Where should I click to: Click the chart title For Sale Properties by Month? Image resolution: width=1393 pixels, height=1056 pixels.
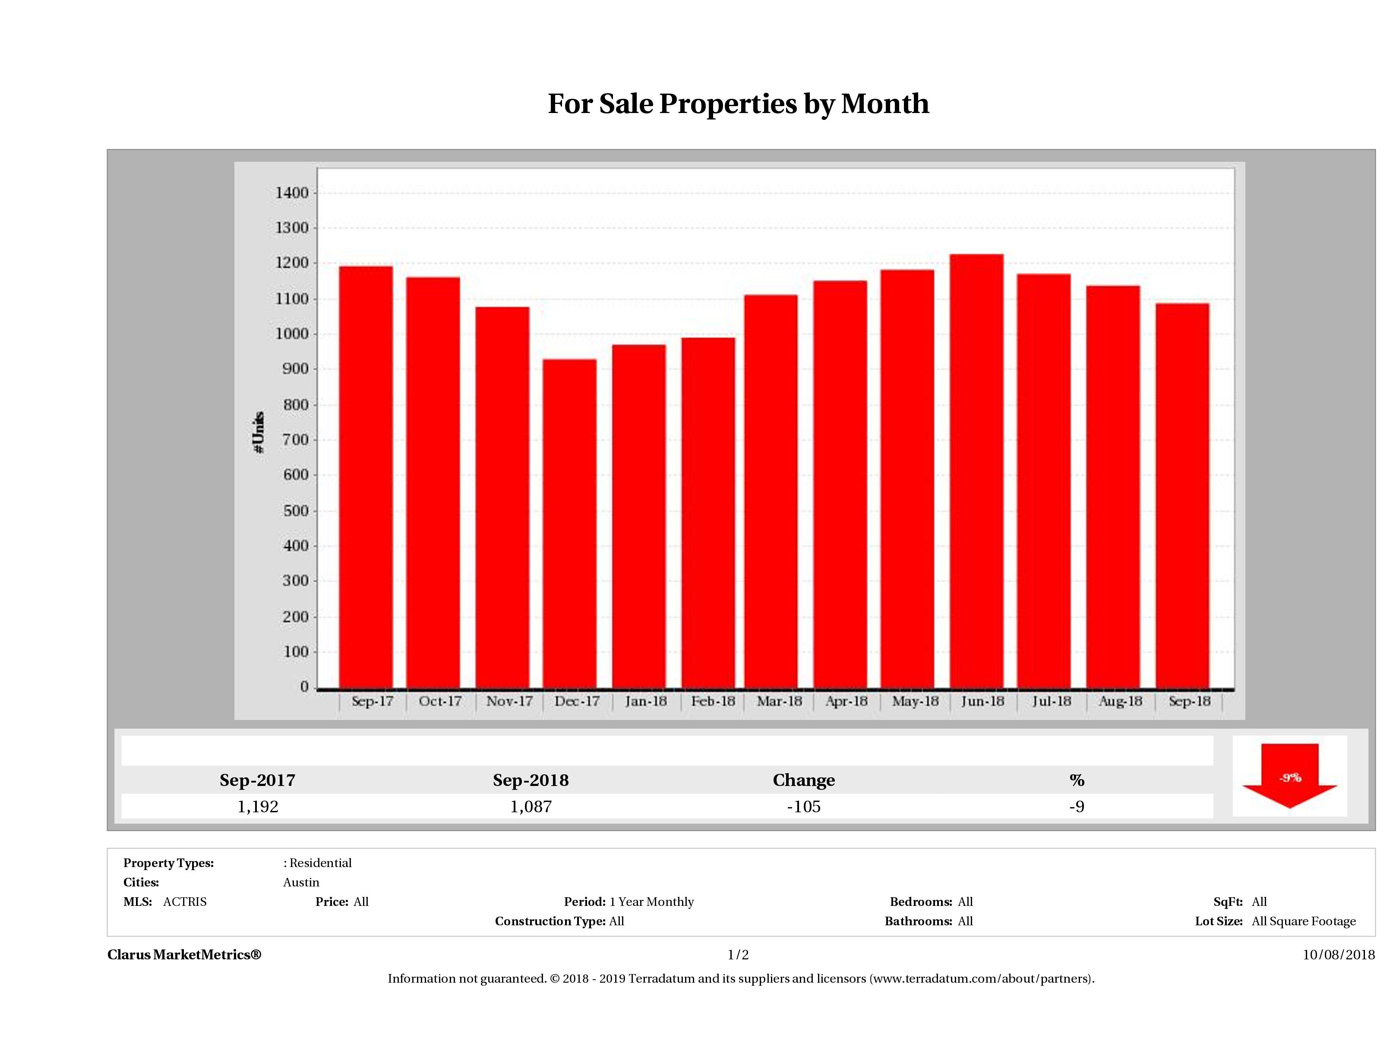pyautogui.click(x=738, y=104)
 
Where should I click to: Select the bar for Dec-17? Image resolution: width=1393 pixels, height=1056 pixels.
pyautogui.click(x=569, y=522)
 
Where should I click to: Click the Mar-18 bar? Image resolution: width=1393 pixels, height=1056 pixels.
pyautogui.click(x=771, y=491)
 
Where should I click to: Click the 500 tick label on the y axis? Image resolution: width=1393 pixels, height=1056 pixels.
pyautogui.click(x=296, y=510)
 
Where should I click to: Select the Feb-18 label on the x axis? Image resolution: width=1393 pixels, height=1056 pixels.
pyautogui.click(x=713, y=701)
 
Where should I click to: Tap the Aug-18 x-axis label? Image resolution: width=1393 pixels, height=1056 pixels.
pyautogui.click(x=1120, y=701)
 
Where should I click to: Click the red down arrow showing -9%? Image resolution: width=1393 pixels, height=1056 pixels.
pyautogui.click(x=1289, y=776)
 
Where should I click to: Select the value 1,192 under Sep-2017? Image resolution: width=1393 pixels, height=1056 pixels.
pyautogui.click(x=258, y=806)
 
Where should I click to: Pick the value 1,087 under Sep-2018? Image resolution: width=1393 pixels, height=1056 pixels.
pyautogui.click(x=531, y=806)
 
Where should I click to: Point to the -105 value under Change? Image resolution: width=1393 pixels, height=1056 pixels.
pyautogui.click(x=804, y=806)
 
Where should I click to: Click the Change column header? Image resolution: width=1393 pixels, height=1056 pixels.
pyautogui.click(x=804, y=780)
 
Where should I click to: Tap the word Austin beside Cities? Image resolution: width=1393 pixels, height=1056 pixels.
pyautogui.click(x=301, y=882)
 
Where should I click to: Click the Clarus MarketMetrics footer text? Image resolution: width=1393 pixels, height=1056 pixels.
pyautogui.click(x=184, y=955)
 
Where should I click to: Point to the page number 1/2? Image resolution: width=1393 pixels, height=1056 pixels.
pyautogui.click(x=738, y=955)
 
